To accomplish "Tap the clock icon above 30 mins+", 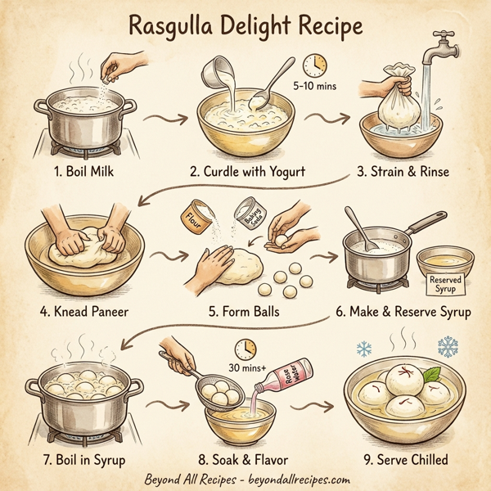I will click(243, 348).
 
